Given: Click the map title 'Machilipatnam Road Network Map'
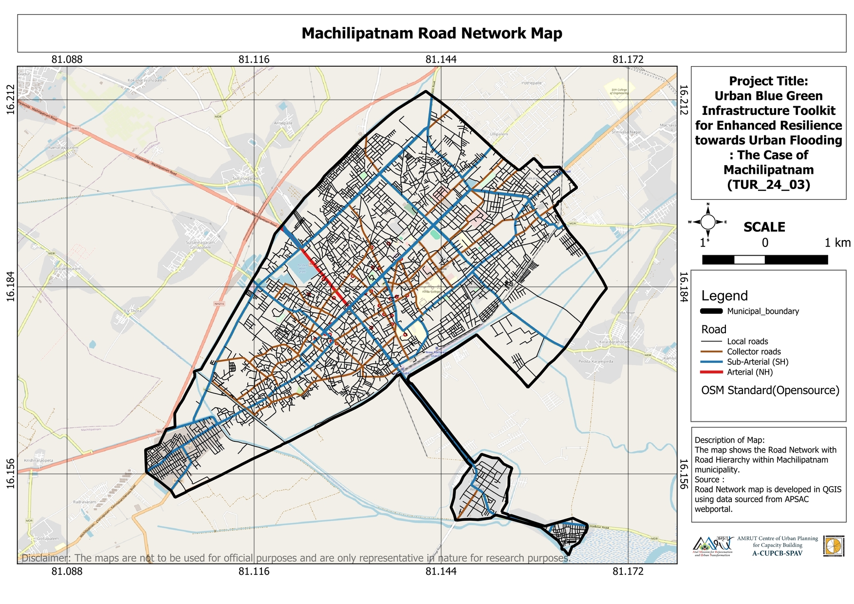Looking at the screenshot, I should tap(431, 33).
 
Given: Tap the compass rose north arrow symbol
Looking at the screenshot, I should tap(708, 222).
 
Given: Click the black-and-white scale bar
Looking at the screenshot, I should tap(764, 260).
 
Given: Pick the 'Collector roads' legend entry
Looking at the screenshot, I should tap(754, 352).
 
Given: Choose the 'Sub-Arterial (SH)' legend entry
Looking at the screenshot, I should tap(757, 362).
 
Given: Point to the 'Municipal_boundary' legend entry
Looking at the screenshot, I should tap(762, 311).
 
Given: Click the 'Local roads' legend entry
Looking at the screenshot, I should tap(747, 341).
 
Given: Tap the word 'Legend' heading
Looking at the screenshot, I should tap(724, 296).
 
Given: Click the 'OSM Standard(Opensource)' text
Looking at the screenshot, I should tap(770, 390).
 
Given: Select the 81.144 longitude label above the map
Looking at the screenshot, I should tap(441, 59).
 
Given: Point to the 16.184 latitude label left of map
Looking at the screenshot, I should tap(11, 287).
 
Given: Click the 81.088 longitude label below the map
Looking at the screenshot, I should tap(67, 571).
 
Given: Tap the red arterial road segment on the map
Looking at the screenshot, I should tap(323, 276).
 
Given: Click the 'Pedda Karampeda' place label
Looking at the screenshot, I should tap(595, 361).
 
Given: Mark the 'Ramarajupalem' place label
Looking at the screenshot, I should tap(63, 147).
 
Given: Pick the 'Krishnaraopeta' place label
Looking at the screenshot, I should tap(38, 460).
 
